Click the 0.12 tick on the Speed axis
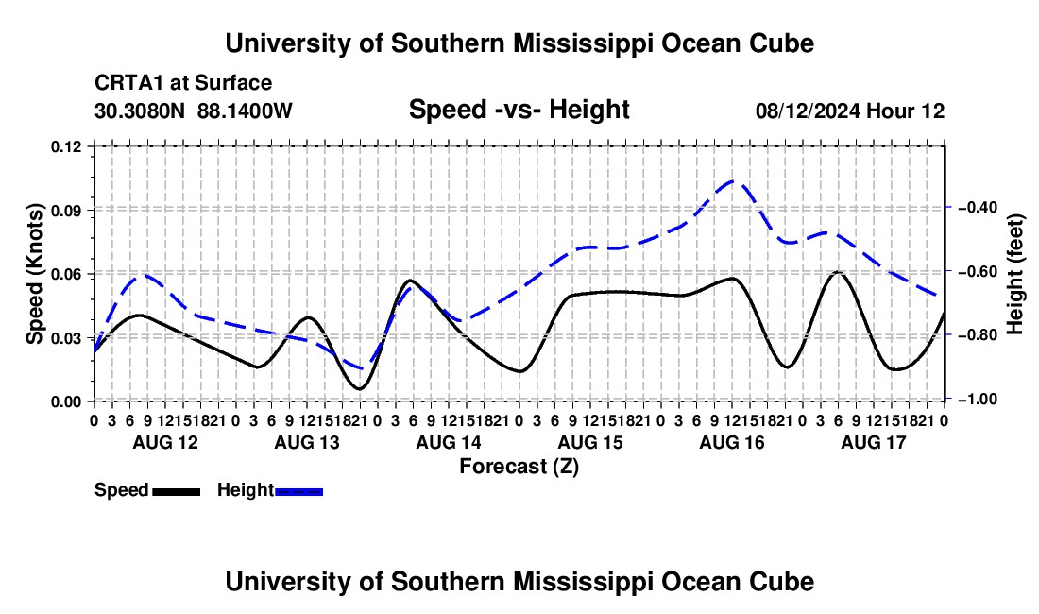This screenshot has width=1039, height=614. (65, 146)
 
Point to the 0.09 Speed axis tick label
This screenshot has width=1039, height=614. (65, 211)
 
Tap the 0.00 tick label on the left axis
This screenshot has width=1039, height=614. (65, 402)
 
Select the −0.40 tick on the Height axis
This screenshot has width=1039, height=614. (978, 208)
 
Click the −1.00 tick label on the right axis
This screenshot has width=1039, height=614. (978, 400)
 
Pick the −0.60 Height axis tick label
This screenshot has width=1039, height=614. (978, 271)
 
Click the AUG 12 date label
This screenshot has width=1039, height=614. (165, 442)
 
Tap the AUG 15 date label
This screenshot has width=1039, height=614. (590, 442)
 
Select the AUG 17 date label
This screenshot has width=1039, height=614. (874, 442)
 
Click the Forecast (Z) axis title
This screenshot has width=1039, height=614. (519, 467)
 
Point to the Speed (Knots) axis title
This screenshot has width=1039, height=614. (34, 274)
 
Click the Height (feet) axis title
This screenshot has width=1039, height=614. (1014, 274)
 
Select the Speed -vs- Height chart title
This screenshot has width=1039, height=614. (519, 110)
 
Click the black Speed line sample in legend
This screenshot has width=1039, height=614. (177, 492)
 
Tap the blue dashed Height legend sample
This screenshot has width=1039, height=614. (298, 492)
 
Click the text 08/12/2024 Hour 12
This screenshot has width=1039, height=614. (850, 111)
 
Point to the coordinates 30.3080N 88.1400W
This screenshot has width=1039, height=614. (193, 111)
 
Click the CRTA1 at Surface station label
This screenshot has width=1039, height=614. (183, 83)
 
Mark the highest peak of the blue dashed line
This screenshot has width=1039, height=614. (734, 180)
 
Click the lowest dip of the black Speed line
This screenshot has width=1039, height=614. (360, 388)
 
